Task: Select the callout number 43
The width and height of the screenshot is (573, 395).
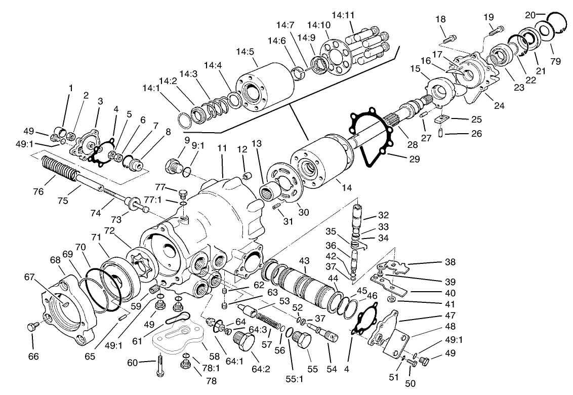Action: pos(304,260)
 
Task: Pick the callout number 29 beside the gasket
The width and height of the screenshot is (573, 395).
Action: pos(414,159)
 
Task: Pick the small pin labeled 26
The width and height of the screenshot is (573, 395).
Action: pos(440,133)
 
